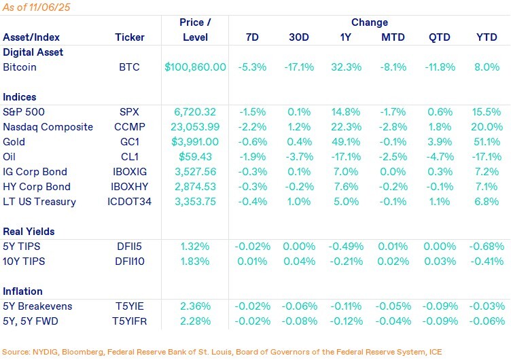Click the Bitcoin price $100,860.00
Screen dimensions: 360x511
pyautogui.click(x=195, y=67)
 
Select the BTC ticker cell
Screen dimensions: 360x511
pyautogui.click(x=130, y=67)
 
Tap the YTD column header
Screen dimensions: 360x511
pyautogui.click(x=487, y=37)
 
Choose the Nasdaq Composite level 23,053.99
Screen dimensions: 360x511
pyautogui.click(x=195, y=127)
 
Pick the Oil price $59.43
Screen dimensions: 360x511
pyautogui.click(x=195, y=157)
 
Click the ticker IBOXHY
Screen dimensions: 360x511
pyautogui.click(x=130, y=187)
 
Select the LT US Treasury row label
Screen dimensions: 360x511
pyautogui.click(x=39, y=202)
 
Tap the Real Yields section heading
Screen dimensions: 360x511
pyautogui.click(x=29, y=232)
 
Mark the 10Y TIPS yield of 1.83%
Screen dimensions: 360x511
pyautogui.click(x=195, y=262)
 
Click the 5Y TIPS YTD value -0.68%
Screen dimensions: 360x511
pyautogui.click(x=487, y=247)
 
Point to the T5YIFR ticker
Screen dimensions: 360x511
pyautogui.click(x=130, y=321)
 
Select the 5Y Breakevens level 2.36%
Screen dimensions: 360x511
pyautogui.click(x=195, y=306)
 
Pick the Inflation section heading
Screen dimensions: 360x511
pyautogui.click(x=22, y=291)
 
